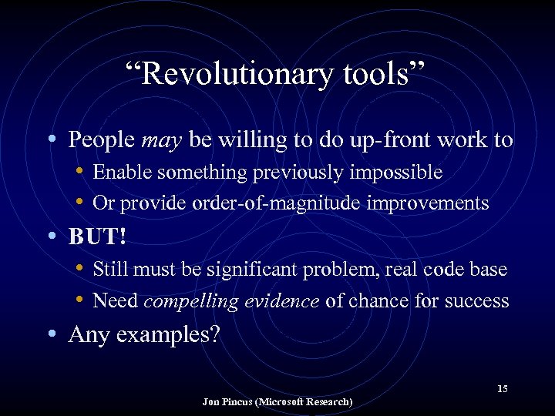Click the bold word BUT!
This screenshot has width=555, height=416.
[96, 237]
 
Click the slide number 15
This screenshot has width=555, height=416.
[502, 389]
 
